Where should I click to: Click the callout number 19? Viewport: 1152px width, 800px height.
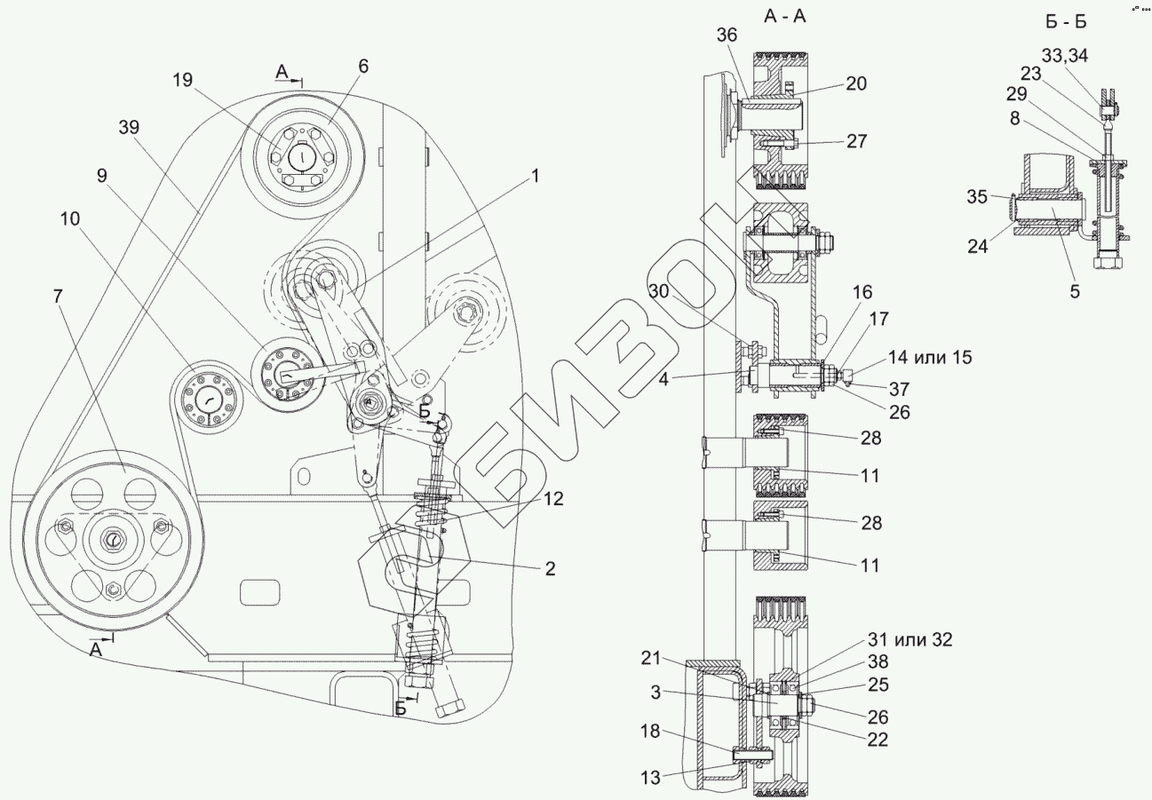[x=182, y=81]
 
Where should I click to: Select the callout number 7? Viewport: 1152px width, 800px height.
[x=59, y=297]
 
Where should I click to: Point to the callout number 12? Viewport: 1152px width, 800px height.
[x=553, y=499]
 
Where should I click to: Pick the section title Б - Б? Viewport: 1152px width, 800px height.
[x=1068, y=21]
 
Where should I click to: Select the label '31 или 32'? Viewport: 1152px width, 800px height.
[x=910, y=638]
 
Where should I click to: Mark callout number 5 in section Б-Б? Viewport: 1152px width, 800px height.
[x=1075, y=290]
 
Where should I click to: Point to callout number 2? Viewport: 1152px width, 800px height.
[x=550, y=569]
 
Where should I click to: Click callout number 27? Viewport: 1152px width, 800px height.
[x=856, y=141]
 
